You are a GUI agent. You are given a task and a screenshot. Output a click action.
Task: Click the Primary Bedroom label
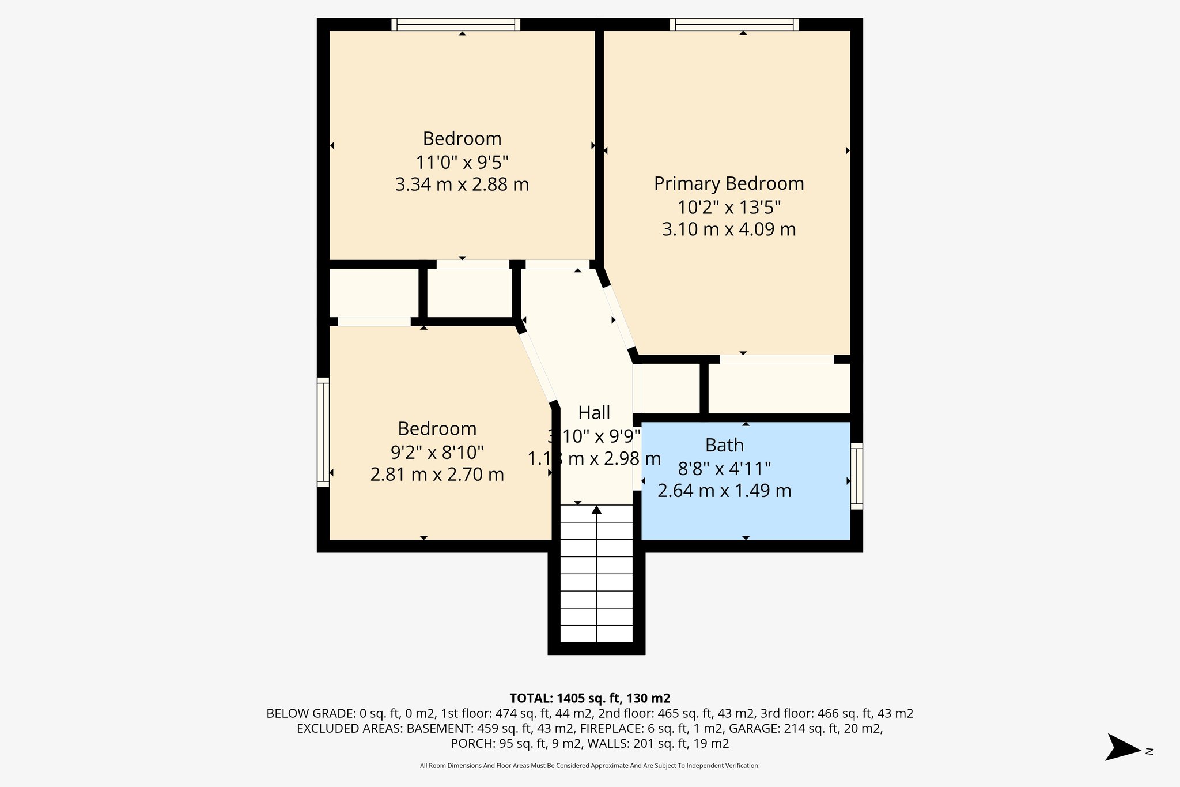728,183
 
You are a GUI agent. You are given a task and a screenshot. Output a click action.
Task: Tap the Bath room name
724,445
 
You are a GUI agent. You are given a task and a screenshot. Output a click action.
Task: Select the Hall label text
594,413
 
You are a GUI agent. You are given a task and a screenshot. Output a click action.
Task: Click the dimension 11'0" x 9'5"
462,162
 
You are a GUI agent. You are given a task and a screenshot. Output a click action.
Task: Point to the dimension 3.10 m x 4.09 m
728,229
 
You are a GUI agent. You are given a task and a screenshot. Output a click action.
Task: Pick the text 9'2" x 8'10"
437,452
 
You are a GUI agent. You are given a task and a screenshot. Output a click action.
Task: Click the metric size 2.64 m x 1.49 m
724,491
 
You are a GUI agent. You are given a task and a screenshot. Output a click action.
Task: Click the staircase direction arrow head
596,510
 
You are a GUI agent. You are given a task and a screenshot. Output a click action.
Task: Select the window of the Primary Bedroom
734,24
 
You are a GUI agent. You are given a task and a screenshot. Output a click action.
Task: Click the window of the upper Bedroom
456,24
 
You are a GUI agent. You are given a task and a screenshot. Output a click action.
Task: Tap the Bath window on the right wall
857,476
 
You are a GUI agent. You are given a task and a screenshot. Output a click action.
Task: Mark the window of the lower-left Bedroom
323,432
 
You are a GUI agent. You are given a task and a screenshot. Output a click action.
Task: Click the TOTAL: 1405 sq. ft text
589,698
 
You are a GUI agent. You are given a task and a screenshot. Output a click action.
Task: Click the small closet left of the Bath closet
670,389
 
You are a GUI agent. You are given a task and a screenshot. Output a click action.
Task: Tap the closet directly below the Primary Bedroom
779,389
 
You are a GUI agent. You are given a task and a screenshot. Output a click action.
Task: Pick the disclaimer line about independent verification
589,766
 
